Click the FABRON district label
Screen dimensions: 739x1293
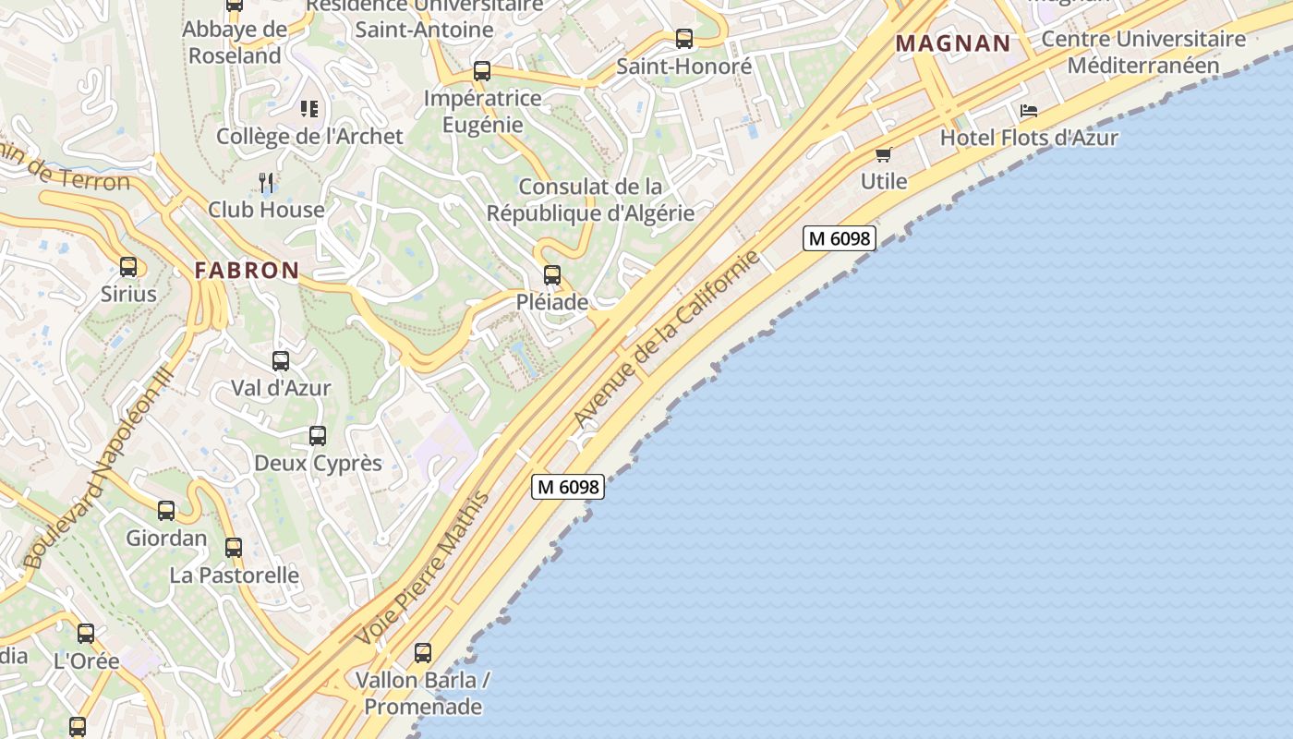point(247,271)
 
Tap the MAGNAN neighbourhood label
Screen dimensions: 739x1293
point(953,43)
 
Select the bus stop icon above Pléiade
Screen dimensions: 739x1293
point(552,274)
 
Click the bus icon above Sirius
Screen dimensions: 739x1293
point(128,267)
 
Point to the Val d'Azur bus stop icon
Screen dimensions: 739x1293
point(281,361)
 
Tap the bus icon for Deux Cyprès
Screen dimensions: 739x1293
point(318,435)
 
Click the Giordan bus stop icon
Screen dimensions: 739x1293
point(166,510)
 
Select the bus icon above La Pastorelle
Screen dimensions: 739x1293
point(234,547)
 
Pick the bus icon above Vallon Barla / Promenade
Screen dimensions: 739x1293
point(423,653)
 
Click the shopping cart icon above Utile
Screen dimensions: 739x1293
point(884,154)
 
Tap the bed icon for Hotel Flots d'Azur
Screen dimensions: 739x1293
point(1029,111)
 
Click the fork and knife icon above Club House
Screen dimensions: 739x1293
point(266,182)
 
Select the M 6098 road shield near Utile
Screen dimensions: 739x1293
point(838,238)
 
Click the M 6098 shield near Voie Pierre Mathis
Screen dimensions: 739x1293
point(568,487)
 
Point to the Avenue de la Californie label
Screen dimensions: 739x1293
point(667,338)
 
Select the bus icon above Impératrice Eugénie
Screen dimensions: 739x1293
point(481,70)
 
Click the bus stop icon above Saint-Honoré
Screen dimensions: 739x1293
point(684,39)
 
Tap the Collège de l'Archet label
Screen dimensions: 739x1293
point(309,137)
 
